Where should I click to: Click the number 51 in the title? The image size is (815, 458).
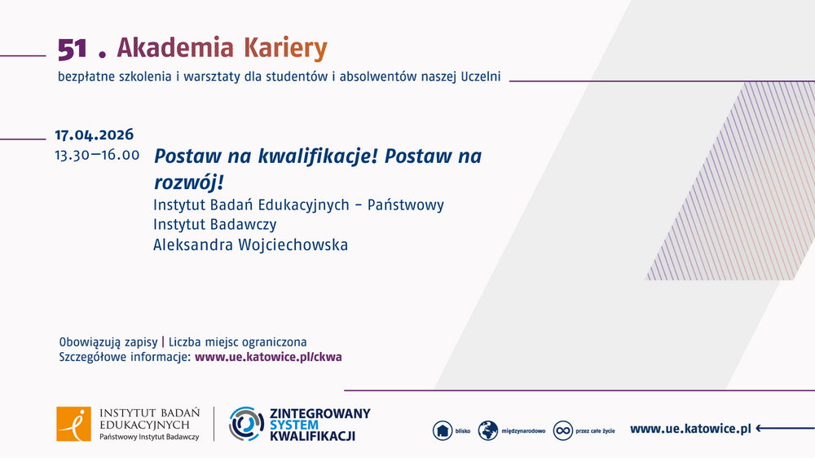pyautogui.click(x=72, y=50)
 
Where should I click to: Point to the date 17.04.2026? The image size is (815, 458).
pyautogui.click(x=94, y=135)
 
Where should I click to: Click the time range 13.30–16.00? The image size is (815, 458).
pyautogui.click(x=97, y=155)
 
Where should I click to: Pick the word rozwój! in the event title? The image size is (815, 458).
pyautogui.click(x=188, y=181)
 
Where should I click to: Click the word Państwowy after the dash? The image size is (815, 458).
pyautogui.click(x=406, y=205)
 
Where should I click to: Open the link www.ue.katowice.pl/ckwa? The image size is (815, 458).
pyautogui.click(x=269, y=357)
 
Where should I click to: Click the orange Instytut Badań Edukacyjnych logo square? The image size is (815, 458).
pyautogui.click(x=73, y=425)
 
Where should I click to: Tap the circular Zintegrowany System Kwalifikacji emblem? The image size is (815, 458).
pyautogui.click(x=244, y=424)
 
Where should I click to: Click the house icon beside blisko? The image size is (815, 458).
pyautogui.click(x=442, y=430)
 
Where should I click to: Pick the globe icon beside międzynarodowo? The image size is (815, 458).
pyautogui.click(x=488, y=430)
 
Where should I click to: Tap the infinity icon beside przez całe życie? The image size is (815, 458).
pyautogui.click(x=563, y=430)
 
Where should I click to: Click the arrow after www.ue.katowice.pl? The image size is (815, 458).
pyautogui.click(x=785, y=429)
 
